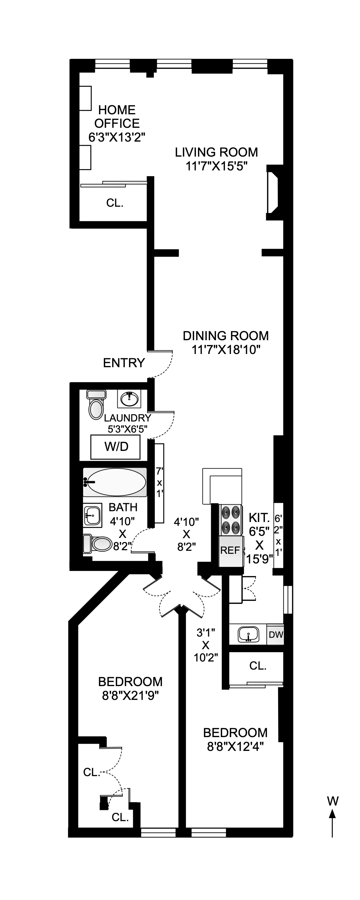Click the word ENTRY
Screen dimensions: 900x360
[x=124, y=363]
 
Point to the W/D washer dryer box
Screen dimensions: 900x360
[x=116, y=446]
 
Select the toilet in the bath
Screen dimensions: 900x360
[x=98, y=544]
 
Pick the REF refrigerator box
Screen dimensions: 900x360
[x=230, y=550]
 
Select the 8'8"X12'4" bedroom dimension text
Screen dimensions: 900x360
[x=235, y=747]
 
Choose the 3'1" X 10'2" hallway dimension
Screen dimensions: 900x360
[x=205, y=645]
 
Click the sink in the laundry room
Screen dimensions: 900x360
[x=130, y=398]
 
